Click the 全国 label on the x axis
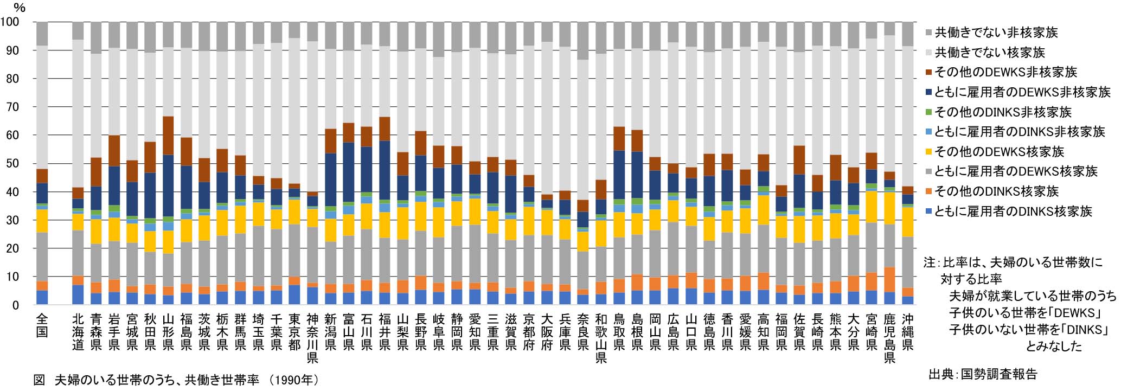pyautogui.click(x=42, y=324)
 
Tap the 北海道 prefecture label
pyautogui.click(x=78, y=331)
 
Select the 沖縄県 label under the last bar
pyautogui.click(x=907, y=331)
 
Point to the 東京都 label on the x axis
pyautogui.click(x=294, y=331)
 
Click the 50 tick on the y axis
pyautogui.click(x=12, y=164)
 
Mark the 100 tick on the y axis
pyautogui.click(x=10, y=22)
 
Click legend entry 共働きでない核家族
pyautogui.click(x=990, y=53)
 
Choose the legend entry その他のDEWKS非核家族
pyautogui.click(x=1006, y=72)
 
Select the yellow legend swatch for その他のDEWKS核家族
pyautogui.click(x=928, y=152)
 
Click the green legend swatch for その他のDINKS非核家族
pyautogui.click(x=928, y=112)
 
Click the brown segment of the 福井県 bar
pyautogui.click(x=385, y=129)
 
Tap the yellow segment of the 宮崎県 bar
pyautogui.click(x=872, y=207)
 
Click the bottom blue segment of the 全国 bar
pyautogui.click(x=42, y=298)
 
